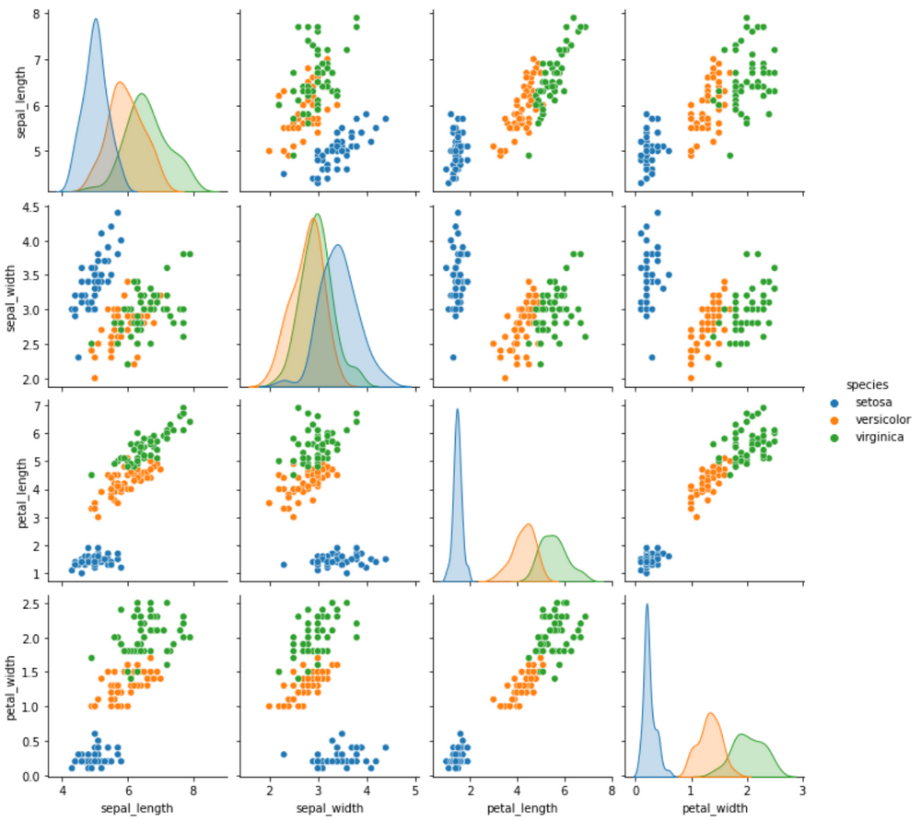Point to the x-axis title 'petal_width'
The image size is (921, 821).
[x=715, y=808]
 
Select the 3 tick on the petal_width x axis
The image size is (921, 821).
[x=802, y=792]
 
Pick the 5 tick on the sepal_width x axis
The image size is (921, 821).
[x=414, y=792]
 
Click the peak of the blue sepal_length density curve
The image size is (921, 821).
[x=96, y=19]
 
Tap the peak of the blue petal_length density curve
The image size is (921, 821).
[x=457, y=410]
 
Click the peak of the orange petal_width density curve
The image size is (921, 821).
[x=711, y=713]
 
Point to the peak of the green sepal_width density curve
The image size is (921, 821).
[x=318, y=215]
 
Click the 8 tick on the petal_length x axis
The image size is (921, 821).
[x=611, y=792]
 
